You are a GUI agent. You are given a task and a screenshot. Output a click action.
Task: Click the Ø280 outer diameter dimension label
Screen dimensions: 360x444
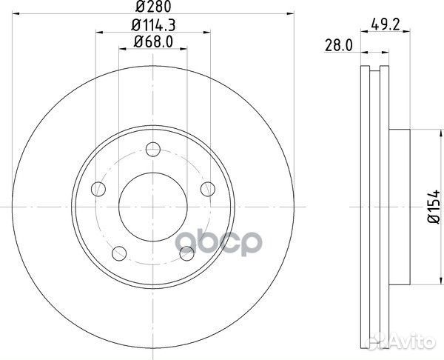153,9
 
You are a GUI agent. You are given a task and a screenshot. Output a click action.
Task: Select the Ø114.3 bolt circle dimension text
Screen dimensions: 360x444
153,27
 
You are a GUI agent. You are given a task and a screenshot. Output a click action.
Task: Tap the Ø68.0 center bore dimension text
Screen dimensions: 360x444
153,42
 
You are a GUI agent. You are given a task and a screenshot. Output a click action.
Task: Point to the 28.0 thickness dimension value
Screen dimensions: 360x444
337,46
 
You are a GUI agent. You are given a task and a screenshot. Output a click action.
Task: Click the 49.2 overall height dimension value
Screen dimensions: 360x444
381,25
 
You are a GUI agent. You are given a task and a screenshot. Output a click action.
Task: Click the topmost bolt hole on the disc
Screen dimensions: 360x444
153,147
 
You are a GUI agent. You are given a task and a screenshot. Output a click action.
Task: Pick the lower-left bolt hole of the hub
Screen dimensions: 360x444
118,253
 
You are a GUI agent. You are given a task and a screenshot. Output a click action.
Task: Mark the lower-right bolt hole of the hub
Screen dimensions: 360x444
187,253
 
